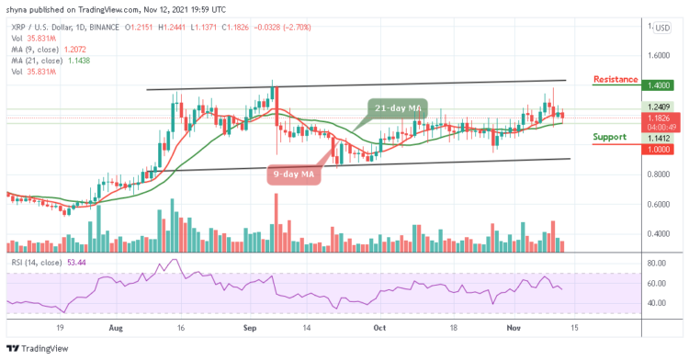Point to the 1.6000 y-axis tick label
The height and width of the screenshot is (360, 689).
point(659,55)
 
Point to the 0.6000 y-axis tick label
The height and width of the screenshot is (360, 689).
point(659,205)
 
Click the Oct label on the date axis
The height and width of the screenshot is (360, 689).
point(376,325)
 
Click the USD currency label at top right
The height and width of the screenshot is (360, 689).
point(660,28)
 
